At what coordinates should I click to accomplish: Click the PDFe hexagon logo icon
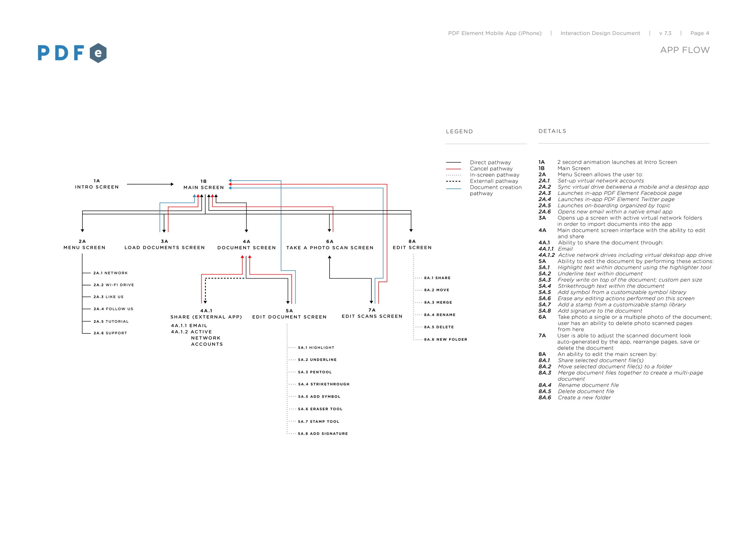click(98, 53)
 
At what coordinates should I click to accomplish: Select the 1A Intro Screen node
click(97, 184)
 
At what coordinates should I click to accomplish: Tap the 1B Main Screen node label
click(203, 185)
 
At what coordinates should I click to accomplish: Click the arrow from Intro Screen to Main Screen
click(150, 184)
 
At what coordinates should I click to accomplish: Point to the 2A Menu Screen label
click(84, 245)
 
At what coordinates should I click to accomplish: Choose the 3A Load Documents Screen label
click(164, 245)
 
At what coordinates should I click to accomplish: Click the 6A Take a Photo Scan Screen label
click(330, 245)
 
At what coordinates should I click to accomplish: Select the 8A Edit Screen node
click(412, 245)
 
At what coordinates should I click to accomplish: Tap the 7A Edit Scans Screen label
click(372, 313)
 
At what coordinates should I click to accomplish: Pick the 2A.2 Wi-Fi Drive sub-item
click(114, 285)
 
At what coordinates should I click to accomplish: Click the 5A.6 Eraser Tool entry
click(320, 409)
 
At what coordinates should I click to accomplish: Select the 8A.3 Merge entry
click(438, 302)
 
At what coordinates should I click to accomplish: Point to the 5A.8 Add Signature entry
click(323, 434)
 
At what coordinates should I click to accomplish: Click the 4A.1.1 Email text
click(189, 325)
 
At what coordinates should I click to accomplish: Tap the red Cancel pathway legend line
click(453, 169)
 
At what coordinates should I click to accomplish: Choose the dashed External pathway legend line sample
click(453, 181)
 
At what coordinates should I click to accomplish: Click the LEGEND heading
click(459, 131)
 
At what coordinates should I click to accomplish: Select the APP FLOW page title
click(685, 50)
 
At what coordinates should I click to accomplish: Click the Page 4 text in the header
click(699, 33)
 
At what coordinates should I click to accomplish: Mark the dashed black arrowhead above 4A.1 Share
click(205, 302)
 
